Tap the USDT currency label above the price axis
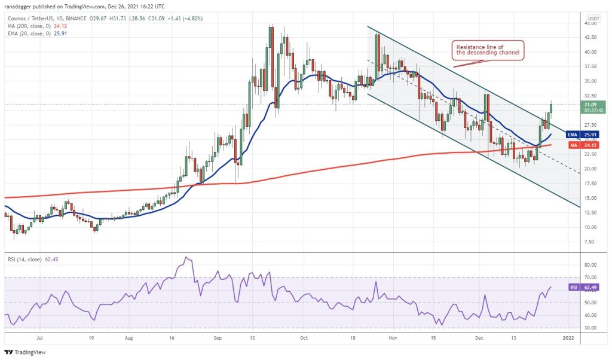[x=593, y=19]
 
